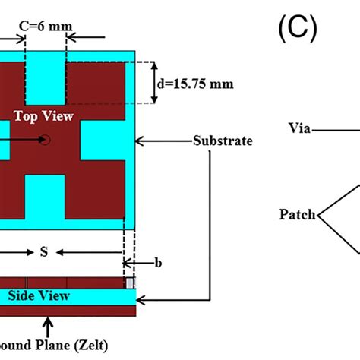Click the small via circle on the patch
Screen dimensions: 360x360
pyautogui.click(x=46, y=139)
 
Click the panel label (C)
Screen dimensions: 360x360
pyautogui.click(x=296, y=30)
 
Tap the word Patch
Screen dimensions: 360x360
pyautogui.click(x=296, y=215)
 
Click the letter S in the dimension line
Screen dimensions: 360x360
pyautogui.click(x=43, y=253)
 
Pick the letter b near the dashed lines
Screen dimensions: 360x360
pyautogui.click(x=158, y=263)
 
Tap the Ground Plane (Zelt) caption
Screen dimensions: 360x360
pyautogui.click(x=53, y=346)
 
